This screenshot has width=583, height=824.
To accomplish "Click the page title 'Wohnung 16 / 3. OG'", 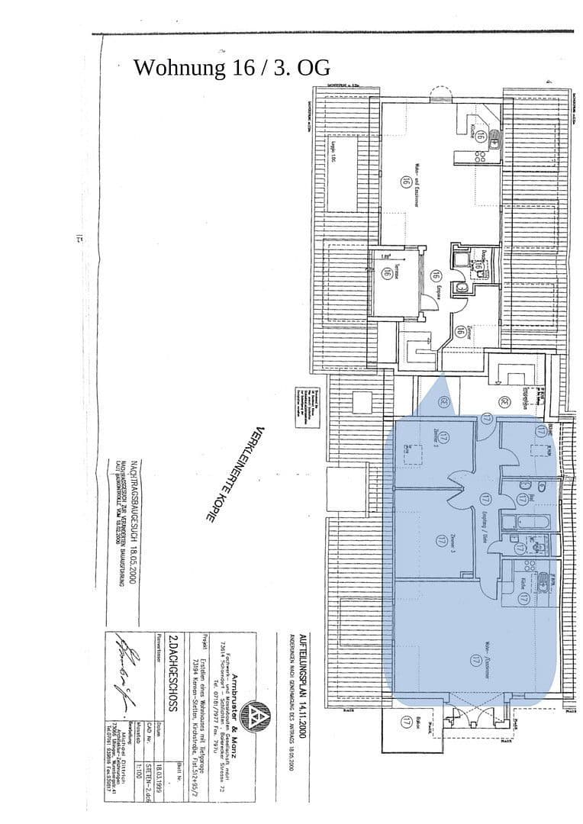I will pos(232,67).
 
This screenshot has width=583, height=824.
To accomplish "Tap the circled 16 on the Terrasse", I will pos(387,272).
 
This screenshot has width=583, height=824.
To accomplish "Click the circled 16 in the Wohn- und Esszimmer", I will pos(404,181).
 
